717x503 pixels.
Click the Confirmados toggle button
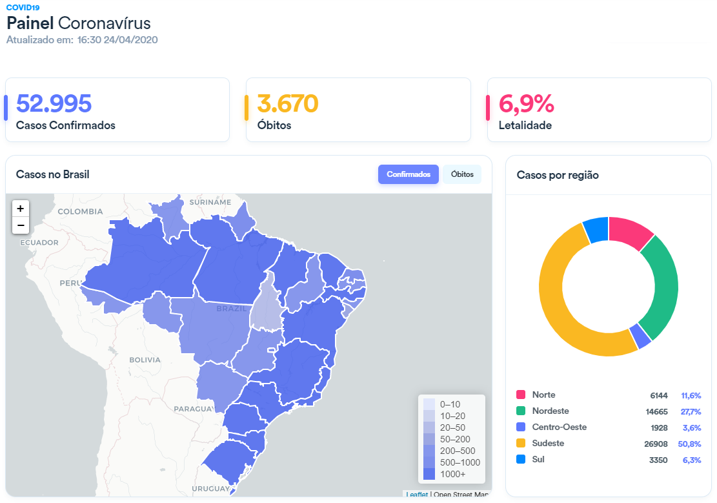point(409,174)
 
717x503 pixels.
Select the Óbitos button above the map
point(462,174)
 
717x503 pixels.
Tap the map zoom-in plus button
point(21,209)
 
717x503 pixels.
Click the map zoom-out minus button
point(21,225)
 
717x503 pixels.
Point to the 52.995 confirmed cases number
point(54,104)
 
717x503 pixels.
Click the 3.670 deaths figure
point(288,104)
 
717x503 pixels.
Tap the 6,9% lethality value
point(526,104)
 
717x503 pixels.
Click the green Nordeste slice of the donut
point(662,284)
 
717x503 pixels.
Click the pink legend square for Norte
point(521,395)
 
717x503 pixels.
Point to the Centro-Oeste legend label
point(560,427)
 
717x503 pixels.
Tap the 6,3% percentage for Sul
point(691,460)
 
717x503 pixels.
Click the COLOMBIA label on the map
point(80,211)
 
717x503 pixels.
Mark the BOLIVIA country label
point(145,360)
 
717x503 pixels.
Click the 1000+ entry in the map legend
point(452,474)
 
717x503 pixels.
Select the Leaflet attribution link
point(417,495)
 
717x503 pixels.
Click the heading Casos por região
point(558,175)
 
